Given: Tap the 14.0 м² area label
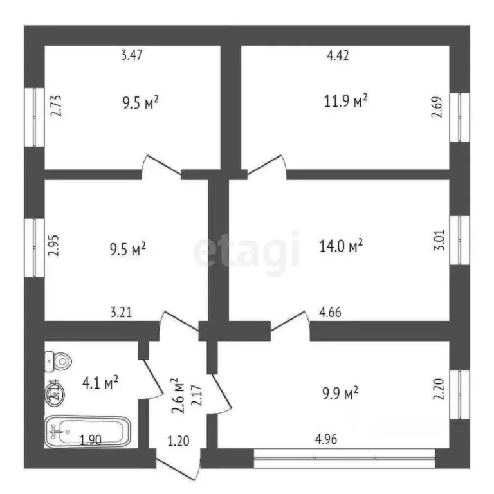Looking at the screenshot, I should click(342, 245).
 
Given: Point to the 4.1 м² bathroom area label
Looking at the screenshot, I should click(100, 383).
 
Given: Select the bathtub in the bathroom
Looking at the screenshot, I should click(88, 432).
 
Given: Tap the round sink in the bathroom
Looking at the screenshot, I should click(53, 392).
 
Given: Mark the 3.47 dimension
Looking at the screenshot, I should click(131, 55).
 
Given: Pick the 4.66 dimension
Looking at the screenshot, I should click(330, 314).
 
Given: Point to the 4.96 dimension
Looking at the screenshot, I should click(325, 440).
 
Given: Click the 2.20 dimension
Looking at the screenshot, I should click(439, 390).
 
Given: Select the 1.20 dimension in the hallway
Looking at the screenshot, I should click(178, 441).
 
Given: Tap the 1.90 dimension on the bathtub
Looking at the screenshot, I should click(90, 441).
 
